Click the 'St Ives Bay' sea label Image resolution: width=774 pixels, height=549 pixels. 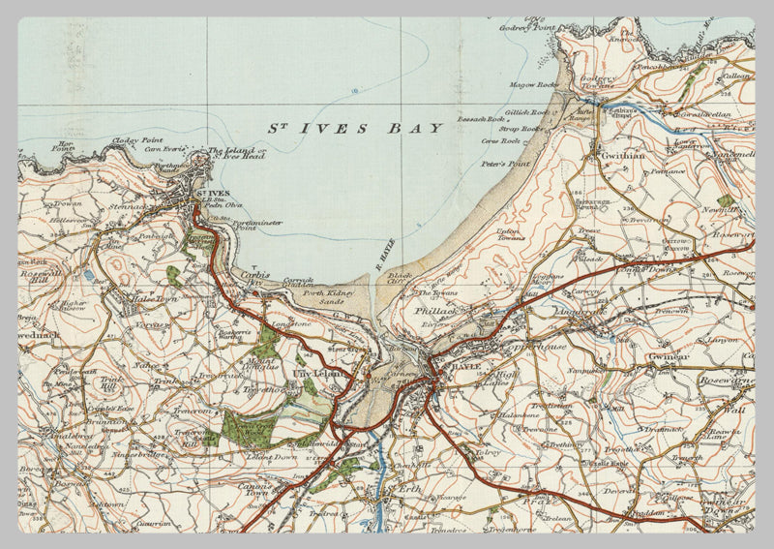pyautogui.click(x=355, y=128)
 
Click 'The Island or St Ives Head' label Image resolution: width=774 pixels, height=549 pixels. pyautogui.click(x=237, y=155)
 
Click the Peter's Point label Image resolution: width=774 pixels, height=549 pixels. pyautogui.click(x=505, y=165)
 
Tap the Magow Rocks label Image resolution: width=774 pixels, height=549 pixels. pyautogui.click(x=535, y=84)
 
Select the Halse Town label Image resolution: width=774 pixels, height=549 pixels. pyautogui.click(x=159, y=301)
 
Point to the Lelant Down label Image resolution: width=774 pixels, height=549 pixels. pyautogui.click(x=272, y=455)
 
